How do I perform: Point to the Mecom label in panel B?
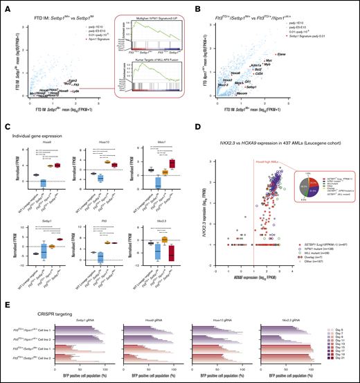click(x=240, y=100)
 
